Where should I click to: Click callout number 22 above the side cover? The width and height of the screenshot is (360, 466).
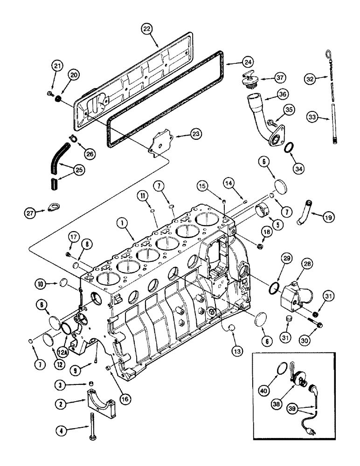[x=148, y=28]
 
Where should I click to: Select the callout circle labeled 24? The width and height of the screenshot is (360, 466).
[x=248, y=62]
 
